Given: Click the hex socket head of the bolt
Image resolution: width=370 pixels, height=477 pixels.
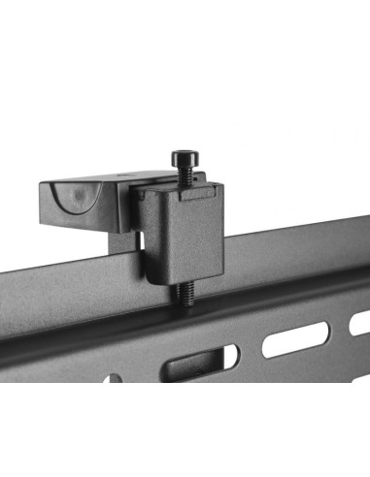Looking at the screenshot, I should pyautogui.click(x=183, y=157).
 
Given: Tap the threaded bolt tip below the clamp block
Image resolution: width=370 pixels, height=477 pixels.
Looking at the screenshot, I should pyautogui.click(x=184, y=292).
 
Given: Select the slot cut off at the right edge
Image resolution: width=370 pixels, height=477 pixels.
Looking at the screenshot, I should pyautogui.click(x=360, y=323).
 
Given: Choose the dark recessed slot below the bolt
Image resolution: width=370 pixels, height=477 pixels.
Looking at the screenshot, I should pyautogui.click(x=194, y=366).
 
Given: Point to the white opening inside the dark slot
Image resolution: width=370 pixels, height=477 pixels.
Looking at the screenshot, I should pyautogui.click(x=229, y=358).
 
